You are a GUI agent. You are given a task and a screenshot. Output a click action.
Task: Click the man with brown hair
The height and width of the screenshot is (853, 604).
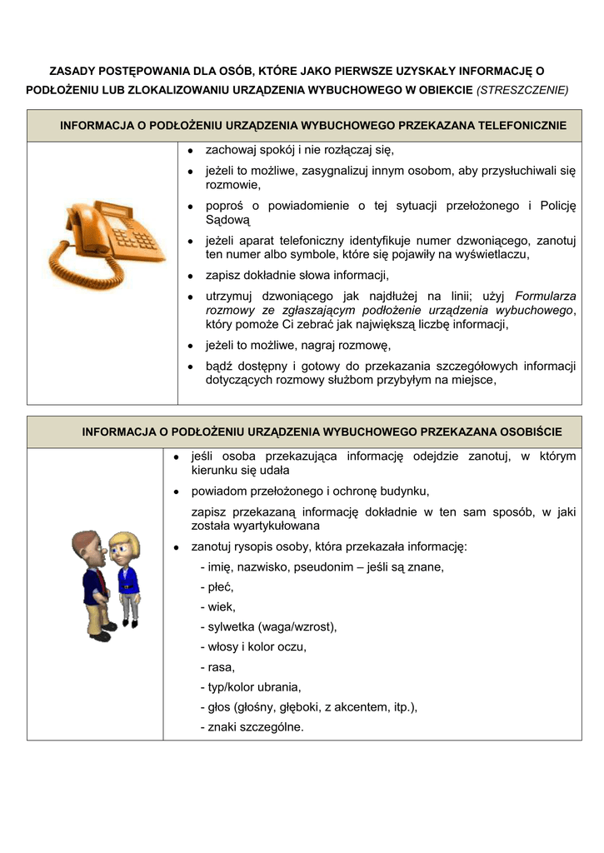point(92,583)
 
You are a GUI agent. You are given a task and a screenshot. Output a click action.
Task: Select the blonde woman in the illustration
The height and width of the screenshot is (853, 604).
point(126,579)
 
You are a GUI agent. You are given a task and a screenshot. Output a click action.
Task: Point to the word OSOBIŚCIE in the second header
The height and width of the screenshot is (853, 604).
point(531,432)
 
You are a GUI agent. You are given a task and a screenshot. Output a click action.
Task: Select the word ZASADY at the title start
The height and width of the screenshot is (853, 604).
point(71,72)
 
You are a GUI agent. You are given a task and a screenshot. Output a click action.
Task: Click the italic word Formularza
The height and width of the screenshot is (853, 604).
point(546,296)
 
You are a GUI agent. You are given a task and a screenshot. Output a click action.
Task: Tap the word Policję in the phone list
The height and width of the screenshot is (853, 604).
point(557,206)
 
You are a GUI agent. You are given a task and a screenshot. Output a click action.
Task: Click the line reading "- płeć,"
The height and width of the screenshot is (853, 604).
point(217,587)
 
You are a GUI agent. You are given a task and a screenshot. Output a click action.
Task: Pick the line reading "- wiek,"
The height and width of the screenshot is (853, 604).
point(217,607)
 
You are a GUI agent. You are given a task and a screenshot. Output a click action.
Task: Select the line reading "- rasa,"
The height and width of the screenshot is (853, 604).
point(217,667)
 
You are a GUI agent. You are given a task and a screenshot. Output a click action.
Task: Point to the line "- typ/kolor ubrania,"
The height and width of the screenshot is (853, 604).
point(251,687)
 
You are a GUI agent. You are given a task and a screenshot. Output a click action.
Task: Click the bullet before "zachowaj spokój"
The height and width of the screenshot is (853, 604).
point(191,151)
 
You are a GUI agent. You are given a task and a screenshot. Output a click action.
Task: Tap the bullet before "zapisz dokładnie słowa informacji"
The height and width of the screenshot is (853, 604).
point(191,276)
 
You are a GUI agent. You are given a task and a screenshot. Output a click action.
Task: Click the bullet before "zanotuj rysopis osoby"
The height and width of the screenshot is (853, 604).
point(177,547)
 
